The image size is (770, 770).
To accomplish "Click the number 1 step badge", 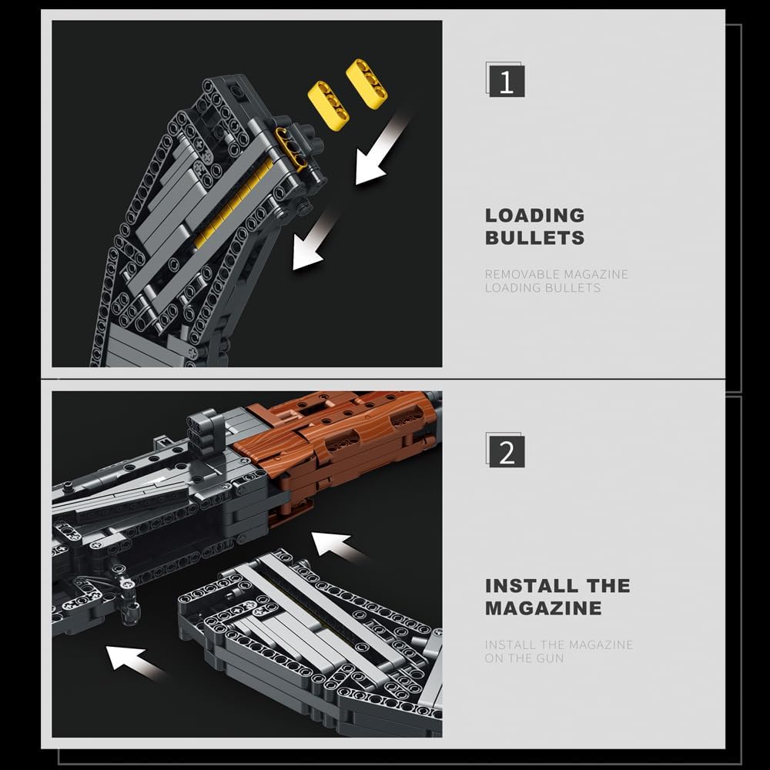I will coord(506,81).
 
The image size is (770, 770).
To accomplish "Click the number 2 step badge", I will coord(506,451).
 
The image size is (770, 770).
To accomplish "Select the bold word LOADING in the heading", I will coord(534,216).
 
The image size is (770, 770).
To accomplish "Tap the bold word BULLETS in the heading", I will coord(534,238).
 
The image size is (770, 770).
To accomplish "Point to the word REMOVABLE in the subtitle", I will coord(522,274).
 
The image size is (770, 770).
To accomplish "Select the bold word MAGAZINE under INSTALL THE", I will coord(543,608).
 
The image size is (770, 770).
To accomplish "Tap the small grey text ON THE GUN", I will coord(524,658).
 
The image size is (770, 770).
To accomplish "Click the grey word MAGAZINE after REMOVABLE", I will coord(595,274).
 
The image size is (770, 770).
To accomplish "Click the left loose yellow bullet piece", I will coord(328,104).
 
